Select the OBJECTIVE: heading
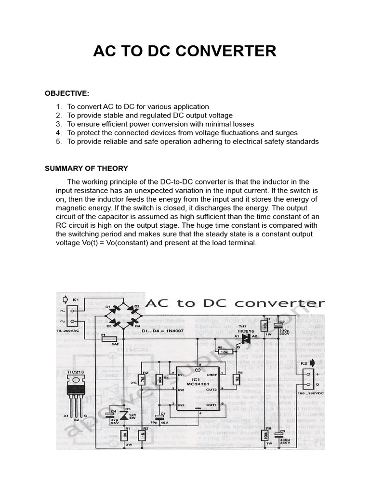pos(67,93)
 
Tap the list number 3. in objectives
pos(59,124)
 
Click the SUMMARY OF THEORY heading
pos(86,169)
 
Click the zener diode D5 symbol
pos(126,414)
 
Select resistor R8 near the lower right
pos(264,435)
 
